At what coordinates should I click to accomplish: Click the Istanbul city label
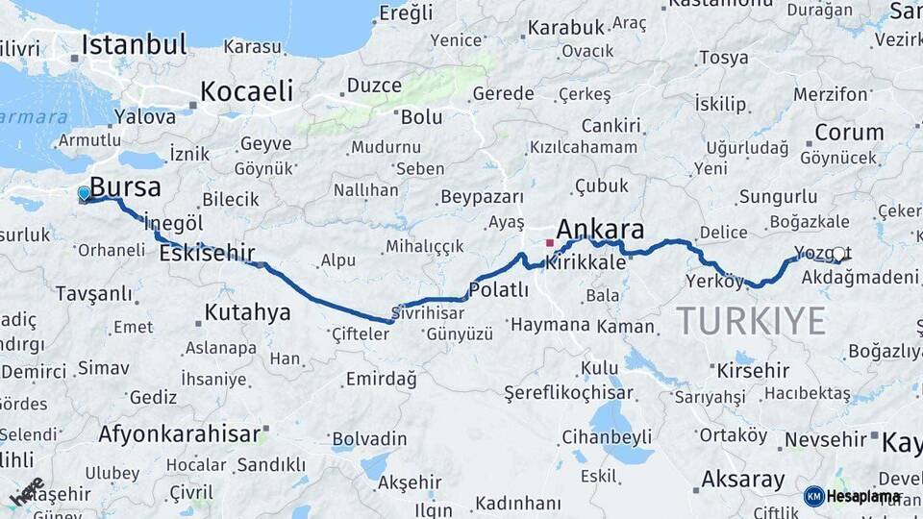coord(134,44)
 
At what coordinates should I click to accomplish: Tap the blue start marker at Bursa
coord(84,194)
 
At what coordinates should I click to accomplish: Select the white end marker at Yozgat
coord(839,255)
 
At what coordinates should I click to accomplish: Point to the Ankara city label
coord(600,229)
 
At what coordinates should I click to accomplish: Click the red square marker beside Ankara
coord(549,243)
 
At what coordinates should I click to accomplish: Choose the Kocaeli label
coord(246,91)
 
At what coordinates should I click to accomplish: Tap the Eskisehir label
coord(207,254)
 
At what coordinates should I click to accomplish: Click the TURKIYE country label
coord(751,320)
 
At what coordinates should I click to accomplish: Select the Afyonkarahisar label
coord(179,433)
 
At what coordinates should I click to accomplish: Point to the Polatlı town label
coord(498,290)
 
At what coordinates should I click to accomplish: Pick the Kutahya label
coord(247,312)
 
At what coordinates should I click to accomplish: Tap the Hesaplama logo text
coord(863,497)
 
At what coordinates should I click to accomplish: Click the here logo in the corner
coord(27,490)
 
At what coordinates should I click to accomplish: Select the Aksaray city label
coord(743,479)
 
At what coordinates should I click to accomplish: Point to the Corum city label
coord(849,133)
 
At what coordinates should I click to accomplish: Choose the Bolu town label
coord(421,117)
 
